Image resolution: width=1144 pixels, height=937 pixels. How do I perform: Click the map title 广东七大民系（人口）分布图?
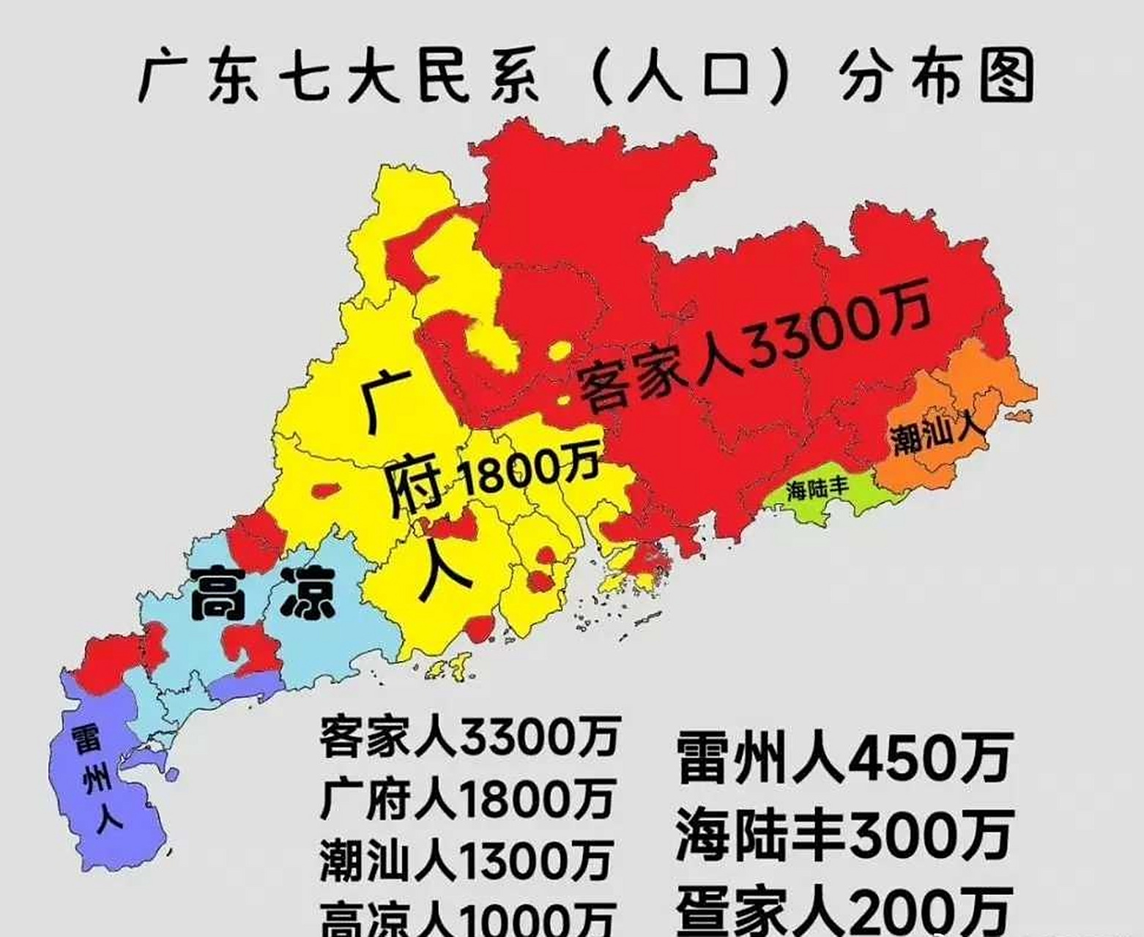[x=586, y=75]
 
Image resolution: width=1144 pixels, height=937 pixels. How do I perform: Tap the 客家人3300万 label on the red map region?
[x=754, y=345]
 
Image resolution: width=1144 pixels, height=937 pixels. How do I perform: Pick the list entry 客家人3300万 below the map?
[x=469, y=736]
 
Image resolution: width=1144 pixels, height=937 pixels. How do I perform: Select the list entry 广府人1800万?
[x=467, y=799]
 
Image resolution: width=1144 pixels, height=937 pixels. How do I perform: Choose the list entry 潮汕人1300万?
[x=466, y=859]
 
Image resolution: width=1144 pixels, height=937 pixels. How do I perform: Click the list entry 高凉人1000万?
[x=467, y=918]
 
